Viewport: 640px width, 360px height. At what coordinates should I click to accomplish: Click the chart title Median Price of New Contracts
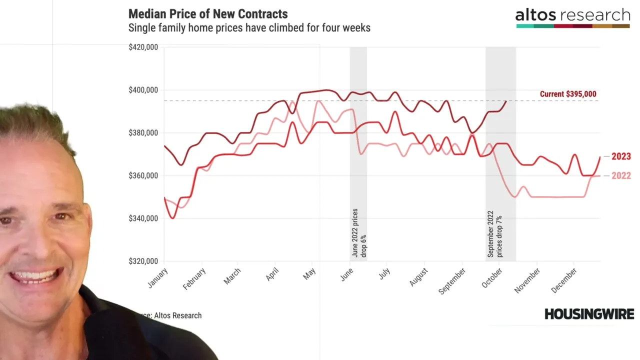pyautogui.click(x=208, y=13)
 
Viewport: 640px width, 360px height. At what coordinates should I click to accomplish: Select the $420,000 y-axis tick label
pyautogui.click(x=143, y=47)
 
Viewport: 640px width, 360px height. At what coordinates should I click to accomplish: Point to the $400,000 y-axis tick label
pyautogui.click(x=143, y=90)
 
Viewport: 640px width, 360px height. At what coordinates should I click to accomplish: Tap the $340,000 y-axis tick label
pyautogui.click(x=143, y=218)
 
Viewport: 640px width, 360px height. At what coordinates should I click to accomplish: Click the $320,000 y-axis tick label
pyautogui.click(x=143, y=261)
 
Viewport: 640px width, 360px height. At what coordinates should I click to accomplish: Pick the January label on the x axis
pyautogui.click(x=158, y=278)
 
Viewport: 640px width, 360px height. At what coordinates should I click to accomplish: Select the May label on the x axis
pyautogui.click(x=309, y=273)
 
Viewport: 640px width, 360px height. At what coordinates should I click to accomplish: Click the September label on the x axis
pyautogui.click(x=452, y=280)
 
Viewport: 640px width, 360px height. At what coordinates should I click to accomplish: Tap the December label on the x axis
pyautogui.click(x=564, y=280)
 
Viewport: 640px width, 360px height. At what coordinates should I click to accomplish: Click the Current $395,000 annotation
pyautogui.click(x=568, y=94)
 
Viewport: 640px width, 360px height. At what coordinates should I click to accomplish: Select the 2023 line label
pyautogui.click(x=621, y=156)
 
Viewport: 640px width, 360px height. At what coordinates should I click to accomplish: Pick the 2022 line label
pyautogui.click(x=621, y=175)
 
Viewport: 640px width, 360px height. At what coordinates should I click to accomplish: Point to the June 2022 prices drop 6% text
pyautogui.click(x=359, y=233)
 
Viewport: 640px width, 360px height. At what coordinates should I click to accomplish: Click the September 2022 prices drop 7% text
pyautogui.click(x=494, y=234)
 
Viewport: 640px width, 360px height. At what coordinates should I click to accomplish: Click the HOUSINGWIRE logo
pyautogui.click(x=589, y=314)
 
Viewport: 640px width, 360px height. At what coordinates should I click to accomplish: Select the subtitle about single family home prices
pyautogui.click(x=249, y=27)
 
